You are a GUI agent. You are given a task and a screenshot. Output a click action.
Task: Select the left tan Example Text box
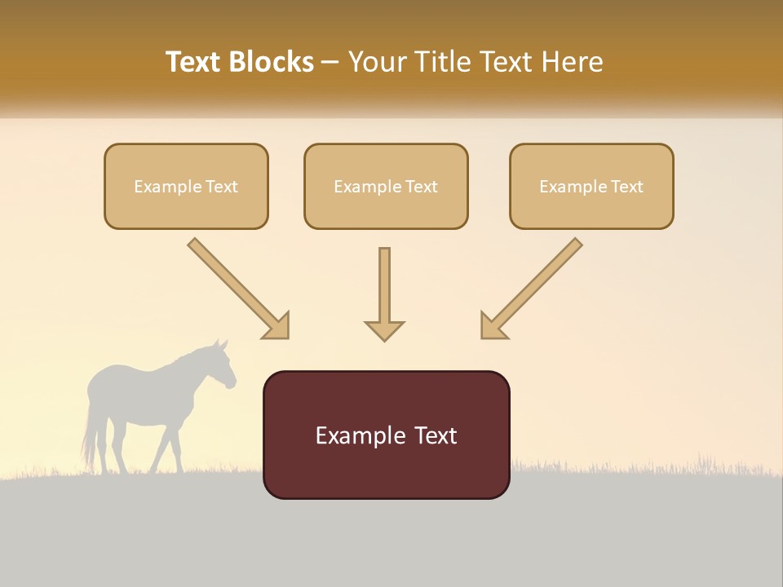[186, 187]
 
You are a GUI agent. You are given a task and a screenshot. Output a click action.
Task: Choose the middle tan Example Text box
[386, 187]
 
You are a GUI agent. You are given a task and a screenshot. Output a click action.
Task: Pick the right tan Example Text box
[591, 187]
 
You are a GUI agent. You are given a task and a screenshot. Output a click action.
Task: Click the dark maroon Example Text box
[386, 435]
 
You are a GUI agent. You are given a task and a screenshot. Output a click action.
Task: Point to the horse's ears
[219, 344]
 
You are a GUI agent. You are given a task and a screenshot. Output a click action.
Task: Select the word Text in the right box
[626, 187]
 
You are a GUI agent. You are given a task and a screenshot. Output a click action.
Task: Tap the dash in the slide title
[330, 62]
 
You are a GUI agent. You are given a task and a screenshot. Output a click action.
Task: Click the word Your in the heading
[375, 62]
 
